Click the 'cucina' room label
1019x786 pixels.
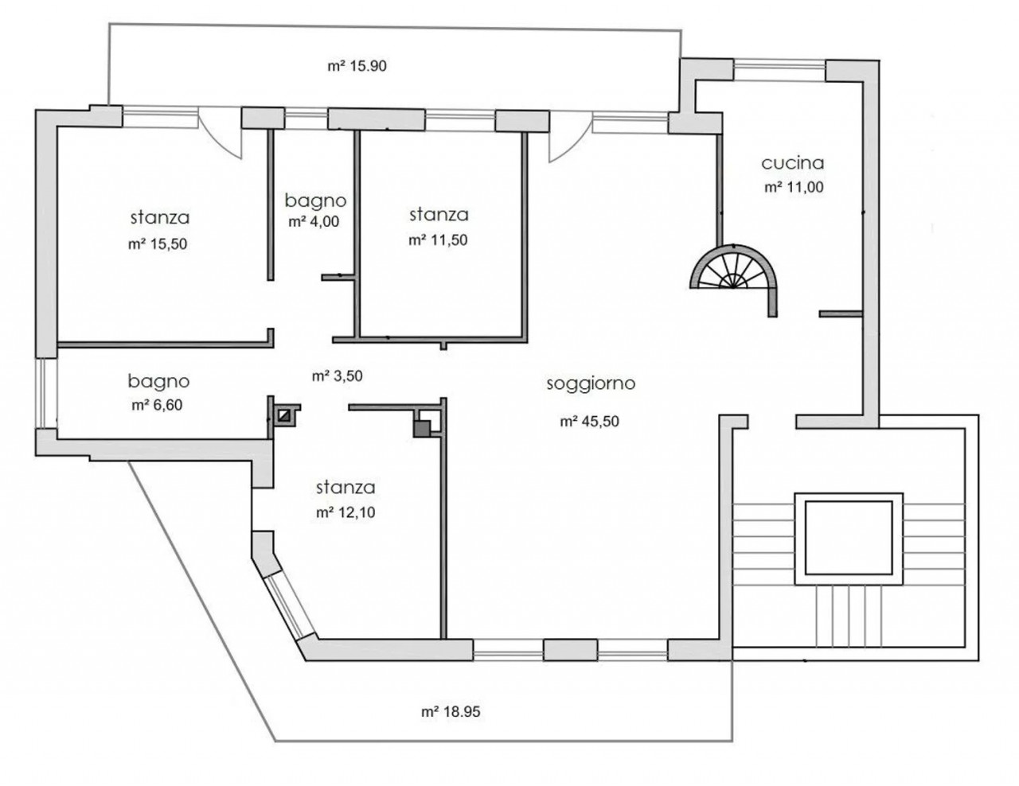792,163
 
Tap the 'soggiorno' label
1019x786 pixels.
591,384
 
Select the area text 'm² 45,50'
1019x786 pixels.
589,422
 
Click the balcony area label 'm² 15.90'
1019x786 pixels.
357,66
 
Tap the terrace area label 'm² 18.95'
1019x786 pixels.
451,712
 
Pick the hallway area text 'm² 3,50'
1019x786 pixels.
338,375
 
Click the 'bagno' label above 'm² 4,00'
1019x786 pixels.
315,201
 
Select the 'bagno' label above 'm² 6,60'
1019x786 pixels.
158,382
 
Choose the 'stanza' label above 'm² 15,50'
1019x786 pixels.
160,218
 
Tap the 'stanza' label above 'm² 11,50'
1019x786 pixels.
439,215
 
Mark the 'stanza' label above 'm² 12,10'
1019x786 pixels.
346,488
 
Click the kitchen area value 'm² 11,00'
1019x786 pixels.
794,188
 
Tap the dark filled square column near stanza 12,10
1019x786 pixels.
422,429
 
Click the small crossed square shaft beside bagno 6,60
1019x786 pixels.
284,415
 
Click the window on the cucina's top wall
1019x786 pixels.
779,71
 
